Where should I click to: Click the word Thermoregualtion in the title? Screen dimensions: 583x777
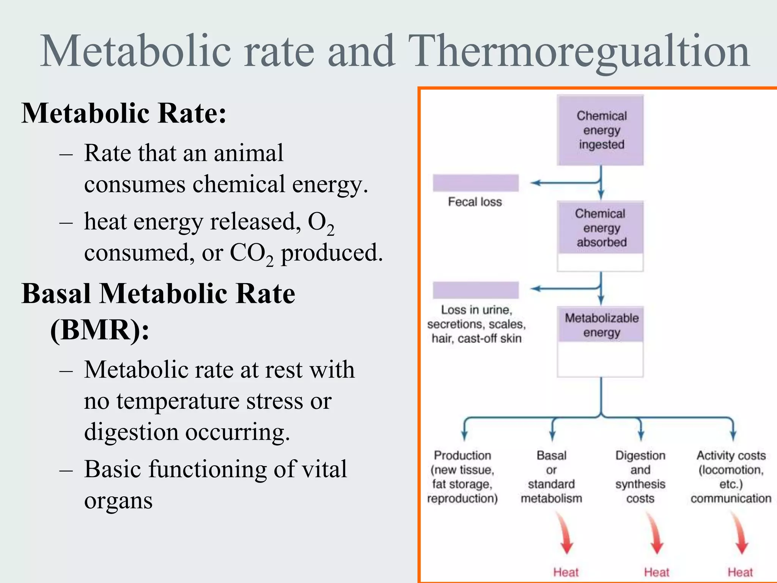tap(579, 52)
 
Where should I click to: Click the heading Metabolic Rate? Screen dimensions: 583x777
tap(124, 113)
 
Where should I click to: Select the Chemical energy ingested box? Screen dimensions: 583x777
tap(601, 130)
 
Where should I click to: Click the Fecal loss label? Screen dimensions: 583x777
tap(475, 202)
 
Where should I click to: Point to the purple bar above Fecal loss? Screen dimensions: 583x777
tap(475, 183)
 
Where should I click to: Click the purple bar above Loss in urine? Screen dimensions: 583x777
tap(475, 290)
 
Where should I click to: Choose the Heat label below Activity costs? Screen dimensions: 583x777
tap(740, 572)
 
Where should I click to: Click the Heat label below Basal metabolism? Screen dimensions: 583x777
tap(566, 572)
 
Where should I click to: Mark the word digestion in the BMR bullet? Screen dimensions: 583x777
tap(131, 432)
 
